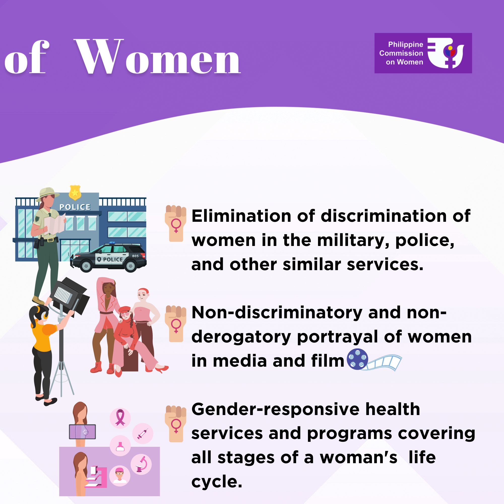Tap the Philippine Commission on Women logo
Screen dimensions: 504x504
pos(423,53)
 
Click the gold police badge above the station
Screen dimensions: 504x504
pos(75,193)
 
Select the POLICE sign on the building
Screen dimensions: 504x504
pos(75,207)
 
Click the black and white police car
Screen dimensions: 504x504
pos(109,257)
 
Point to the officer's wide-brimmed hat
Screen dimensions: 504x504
pos(48,193)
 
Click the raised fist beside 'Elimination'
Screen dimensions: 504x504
pos(176,223)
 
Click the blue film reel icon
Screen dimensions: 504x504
pos(357,359)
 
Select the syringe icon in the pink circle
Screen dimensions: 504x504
pos(143,433)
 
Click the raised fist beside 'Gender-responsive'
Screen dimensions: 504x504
pos(176,424)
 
